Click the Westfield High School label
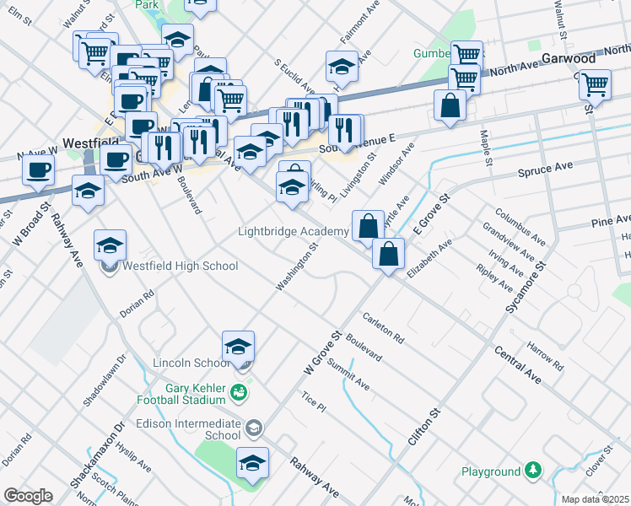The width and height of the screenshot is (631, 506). click(x=181, y=266)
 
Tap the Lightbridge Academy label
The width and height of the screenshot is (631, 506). click(x=293, y=231)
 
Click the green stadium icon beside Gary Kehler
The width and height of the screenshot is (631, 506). click(x=240, y=391)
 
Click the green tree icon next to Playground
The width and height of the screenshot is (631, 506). click(x=533, y=469)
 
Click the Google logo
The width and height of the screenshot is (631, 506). click(x=27, y=496)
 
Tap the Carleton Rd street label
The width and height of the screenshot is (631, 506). click(x=384, y=328)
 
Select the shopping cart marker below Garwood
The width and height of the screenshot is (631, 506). click(x=596, y=84)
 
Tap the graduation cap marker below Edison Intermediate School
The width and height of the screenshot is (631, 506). click(x=251, y=464)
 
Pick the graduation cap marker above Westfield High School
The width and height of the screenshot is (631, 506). click(x=110, y=245)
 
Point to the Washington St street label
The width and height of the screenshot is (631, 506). click(x=296, y=269)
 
